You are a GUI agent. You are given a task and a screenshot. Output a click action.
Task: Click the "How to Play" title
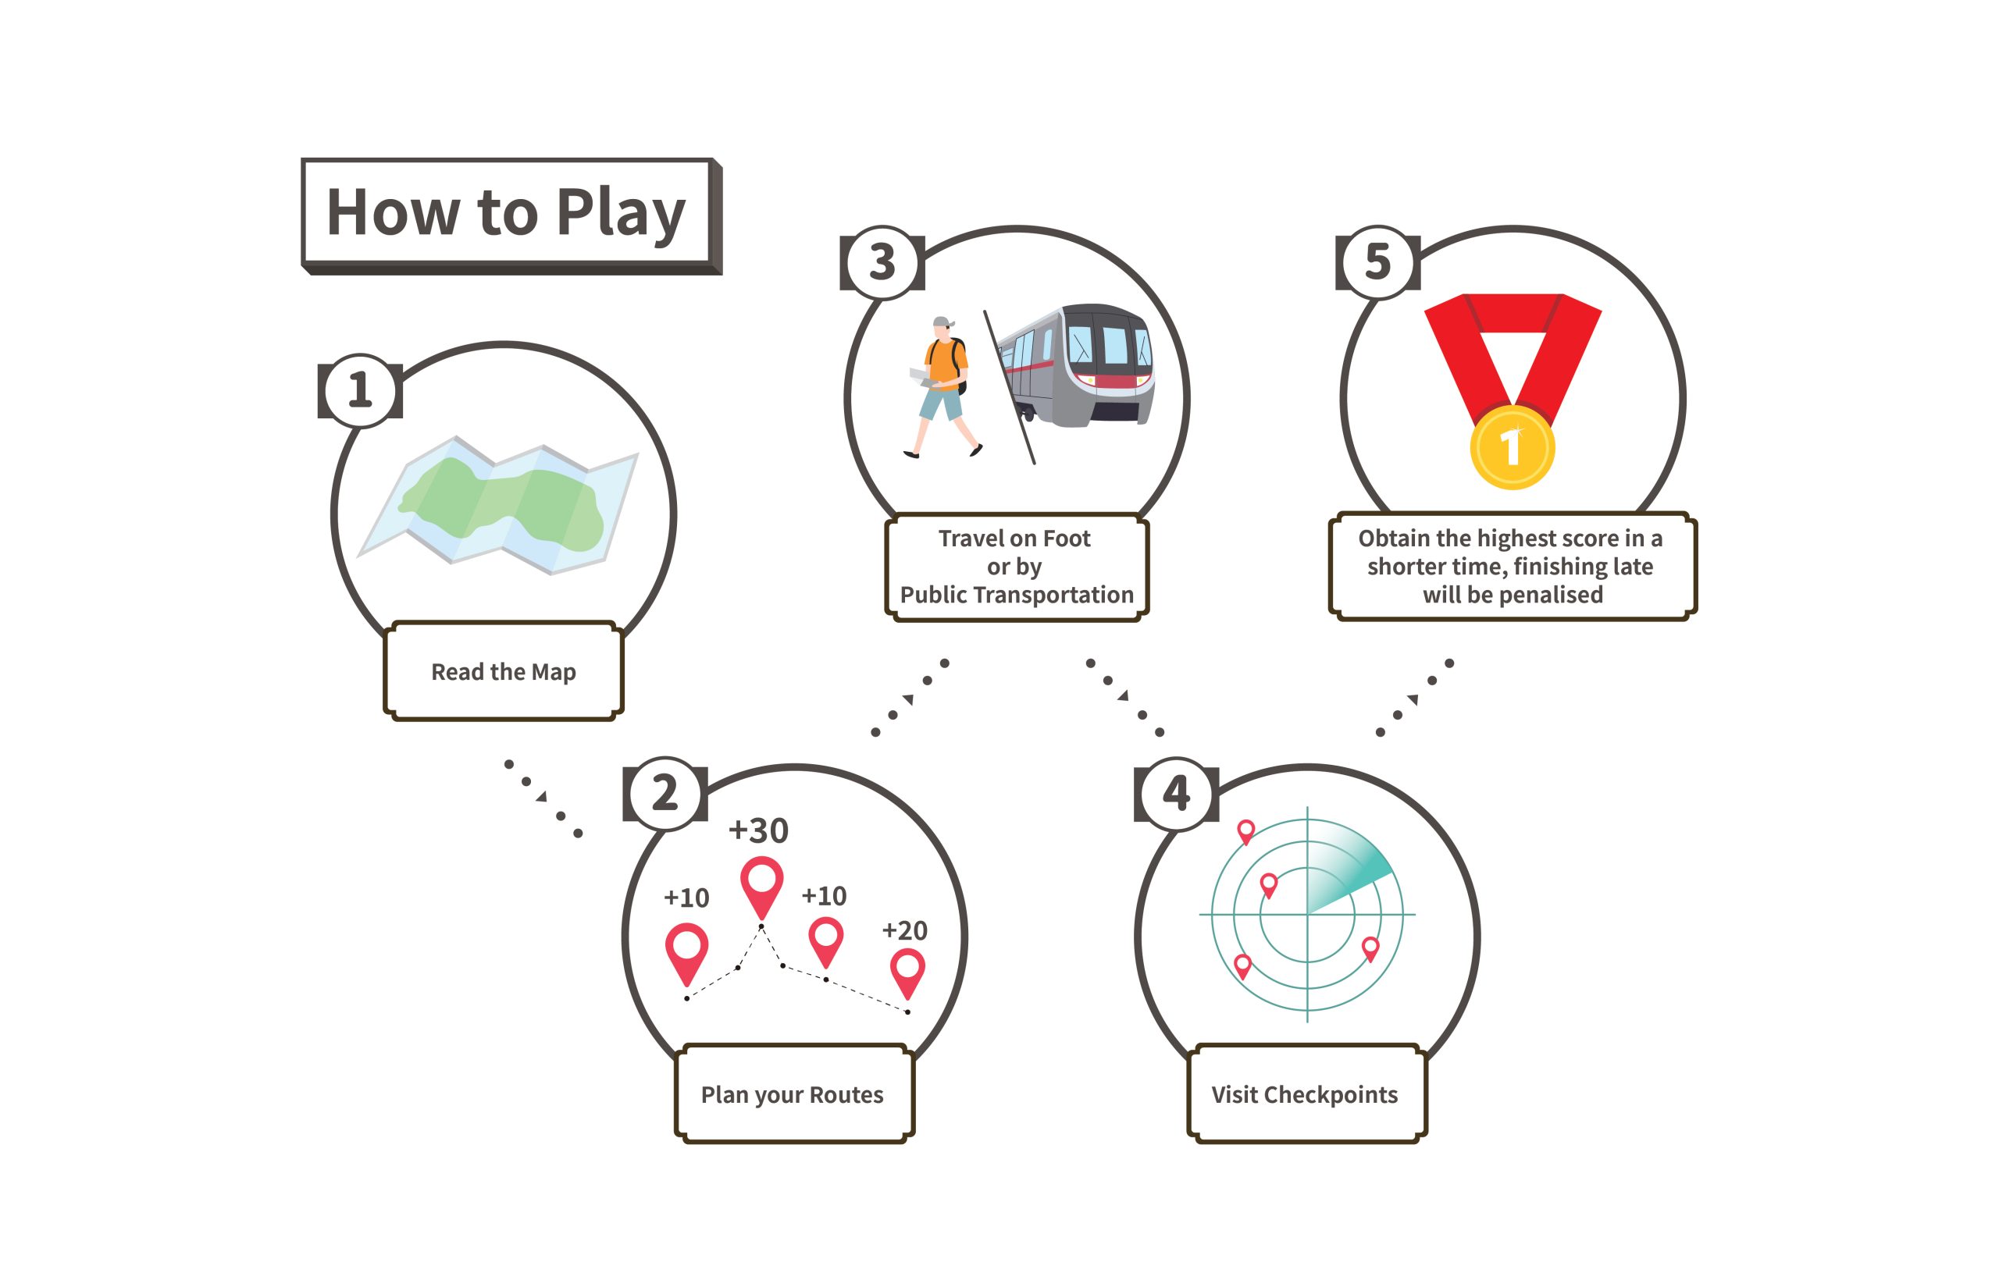coord(505,213)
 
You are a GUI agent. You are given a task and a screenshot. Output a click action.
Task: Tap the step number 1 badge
coord(359,389)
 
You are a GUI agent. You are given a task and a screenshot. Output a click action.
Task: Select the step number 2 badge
coord(665,793)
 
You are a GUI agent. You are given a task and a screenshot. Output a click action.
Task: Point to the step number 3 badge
coord(882,263)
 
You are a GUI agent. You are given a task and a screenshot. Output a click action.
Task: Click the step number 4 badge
coord(1176,793)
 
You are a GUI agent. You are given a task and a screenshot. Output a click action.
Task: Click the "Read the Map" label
coord(503,671)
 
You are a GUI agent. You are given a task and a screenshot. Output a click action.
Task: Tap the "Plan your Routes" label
coord(792,1095)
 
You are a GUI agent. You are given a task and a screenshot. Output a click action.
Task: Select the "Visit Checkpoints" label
coord(1304,1095)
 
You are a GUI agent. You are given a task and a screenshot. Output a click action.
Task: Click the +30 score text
coord(757,830)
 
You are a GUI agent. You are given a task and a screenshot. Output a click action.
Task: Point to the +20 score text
coord(904,930)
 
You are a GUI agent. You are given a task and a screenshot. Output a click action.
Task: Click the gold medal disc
coord(1512,447)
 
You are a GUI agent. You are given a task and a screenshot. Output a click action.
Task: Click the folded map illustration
coord(499,505)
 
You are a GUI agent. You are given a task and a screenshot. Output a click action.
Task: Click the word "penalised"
coord(1553,595)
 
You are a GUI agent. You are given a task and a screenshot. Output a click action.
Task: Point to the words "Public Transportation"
coord(1016,595)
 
